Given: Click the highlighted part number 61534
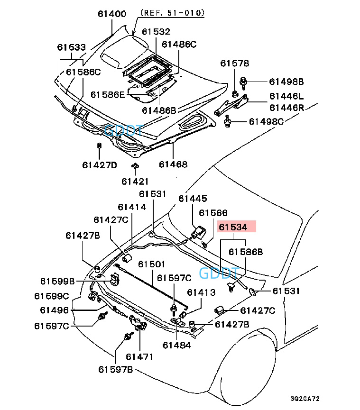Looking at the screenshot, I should [x=236, y=227].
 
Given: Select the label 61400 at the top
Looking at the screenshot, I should [x=112, y=14].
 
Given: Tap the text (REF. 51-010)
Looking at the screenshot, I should [x=171, y=14].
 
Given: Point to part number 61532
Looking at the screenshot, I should [x=156, y=32].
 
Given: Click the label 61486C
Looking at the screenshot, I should [x=179, y=44].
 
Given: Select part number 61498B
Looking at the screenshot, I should [x=286, y=82].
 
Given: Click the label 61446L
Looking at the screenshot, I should [x=286, y=96].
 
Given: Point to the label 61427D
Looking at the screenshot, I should [x=99, y=165].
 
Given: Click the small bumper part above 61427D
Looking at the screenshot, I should [x=99, y=146].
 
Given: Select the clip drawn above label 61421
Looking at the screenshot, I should [x=135, y=166].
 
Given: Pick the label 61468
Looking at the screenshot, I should [x=173, y=164].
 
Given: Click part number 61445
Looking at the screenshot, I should [x=193, y=199].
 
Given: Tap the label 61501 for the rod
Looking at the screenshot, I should [x=152, y=264].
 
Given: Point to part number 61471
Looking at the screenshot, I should [x=139, y=356].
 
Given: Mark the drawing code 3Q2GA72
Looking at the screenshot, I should [x=308, y=399].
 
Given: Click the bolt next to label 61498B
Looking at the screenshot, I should [x=244, y=82].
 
